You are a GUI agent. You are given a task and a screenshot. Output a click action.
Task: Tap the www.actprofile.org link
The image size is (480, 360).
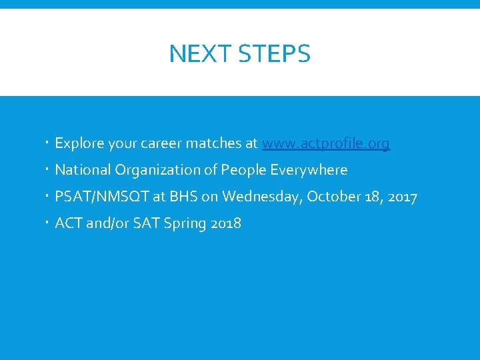pos(326,143)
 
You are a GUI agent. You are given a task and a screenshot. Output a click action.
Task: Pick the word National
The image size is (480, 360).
pos(83,170)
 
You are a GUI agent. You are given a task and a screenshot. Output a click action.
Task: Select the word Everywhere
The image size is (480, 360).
pos(309,170)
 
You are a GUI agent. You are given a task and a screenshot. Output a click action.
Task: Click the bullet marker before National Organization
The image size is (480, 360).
pos(48,170)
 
